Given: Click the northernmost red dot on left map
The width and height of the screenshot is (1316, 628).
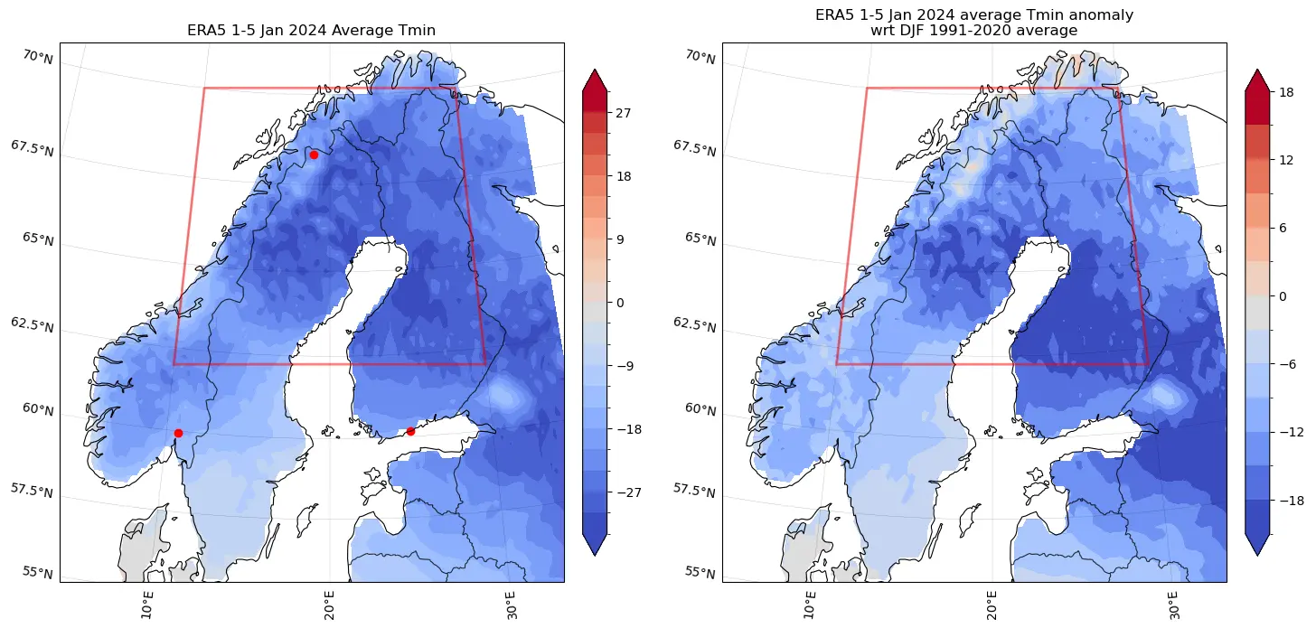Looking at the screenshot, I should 314,155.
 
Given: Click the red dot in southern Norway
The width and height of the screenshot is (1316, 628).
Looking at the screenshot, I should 178,433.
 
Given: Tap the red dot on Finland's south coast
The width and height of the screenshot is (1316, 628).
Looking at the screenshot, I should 410,431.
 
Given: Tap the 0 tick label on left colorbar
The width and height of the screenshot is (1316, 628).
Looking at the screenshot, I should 620,303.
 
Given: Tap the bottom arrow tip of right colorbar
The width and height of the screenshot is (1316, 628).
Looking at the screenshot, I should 1258,553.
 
